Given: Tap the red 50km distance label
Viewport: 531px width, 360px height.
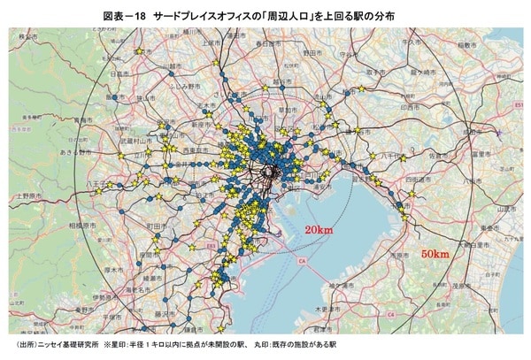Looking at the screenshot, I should click(435, 254).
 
